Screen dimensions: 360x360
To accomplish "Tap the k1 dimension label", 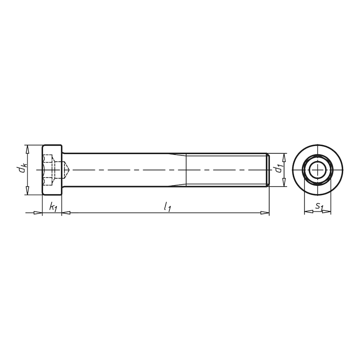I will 53,207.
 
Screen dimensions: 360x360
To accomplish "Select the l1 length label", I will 167,207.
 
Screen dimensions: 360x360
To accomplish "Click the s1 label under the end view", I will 319,206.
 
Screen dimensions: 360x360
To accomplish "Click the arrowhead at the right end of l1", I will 266,212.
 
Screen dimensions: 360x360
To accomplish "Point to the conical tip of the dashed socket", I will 67,170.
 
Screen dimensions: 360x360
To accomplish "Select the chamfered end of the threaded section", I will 268,170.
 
